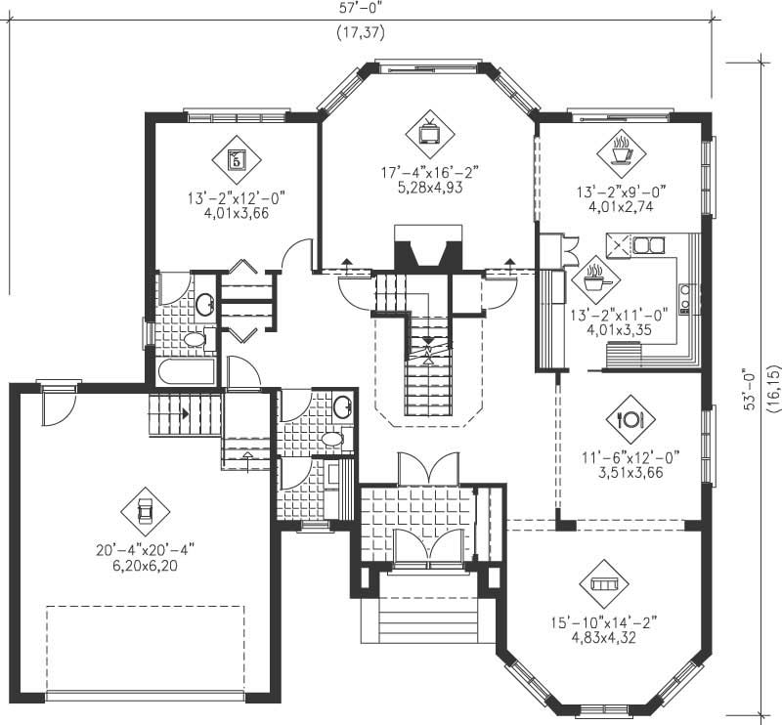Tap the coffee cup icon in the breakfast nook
click(621, 150)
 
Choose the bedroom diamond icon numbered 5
click(236, 157)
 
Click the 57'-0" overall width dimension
click(362, 7)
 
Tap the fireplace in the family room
click(426, 250)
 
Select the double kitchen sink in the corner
click(646, 245)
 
